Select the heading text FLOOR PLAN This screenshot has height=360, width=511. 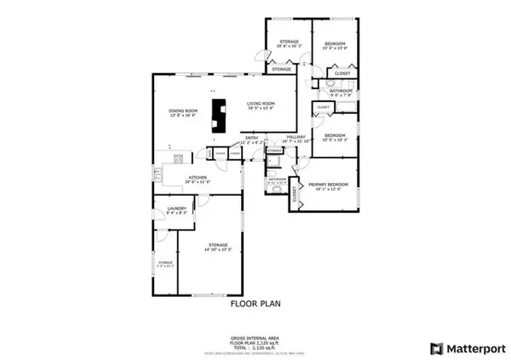[255, 302]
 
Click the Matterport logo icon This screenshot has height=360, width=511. [436, 348]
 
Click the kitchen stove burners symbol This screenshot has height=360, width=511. [178, 158]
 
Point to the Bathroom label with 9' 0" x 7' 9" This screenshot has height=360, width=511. [341, 90]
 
